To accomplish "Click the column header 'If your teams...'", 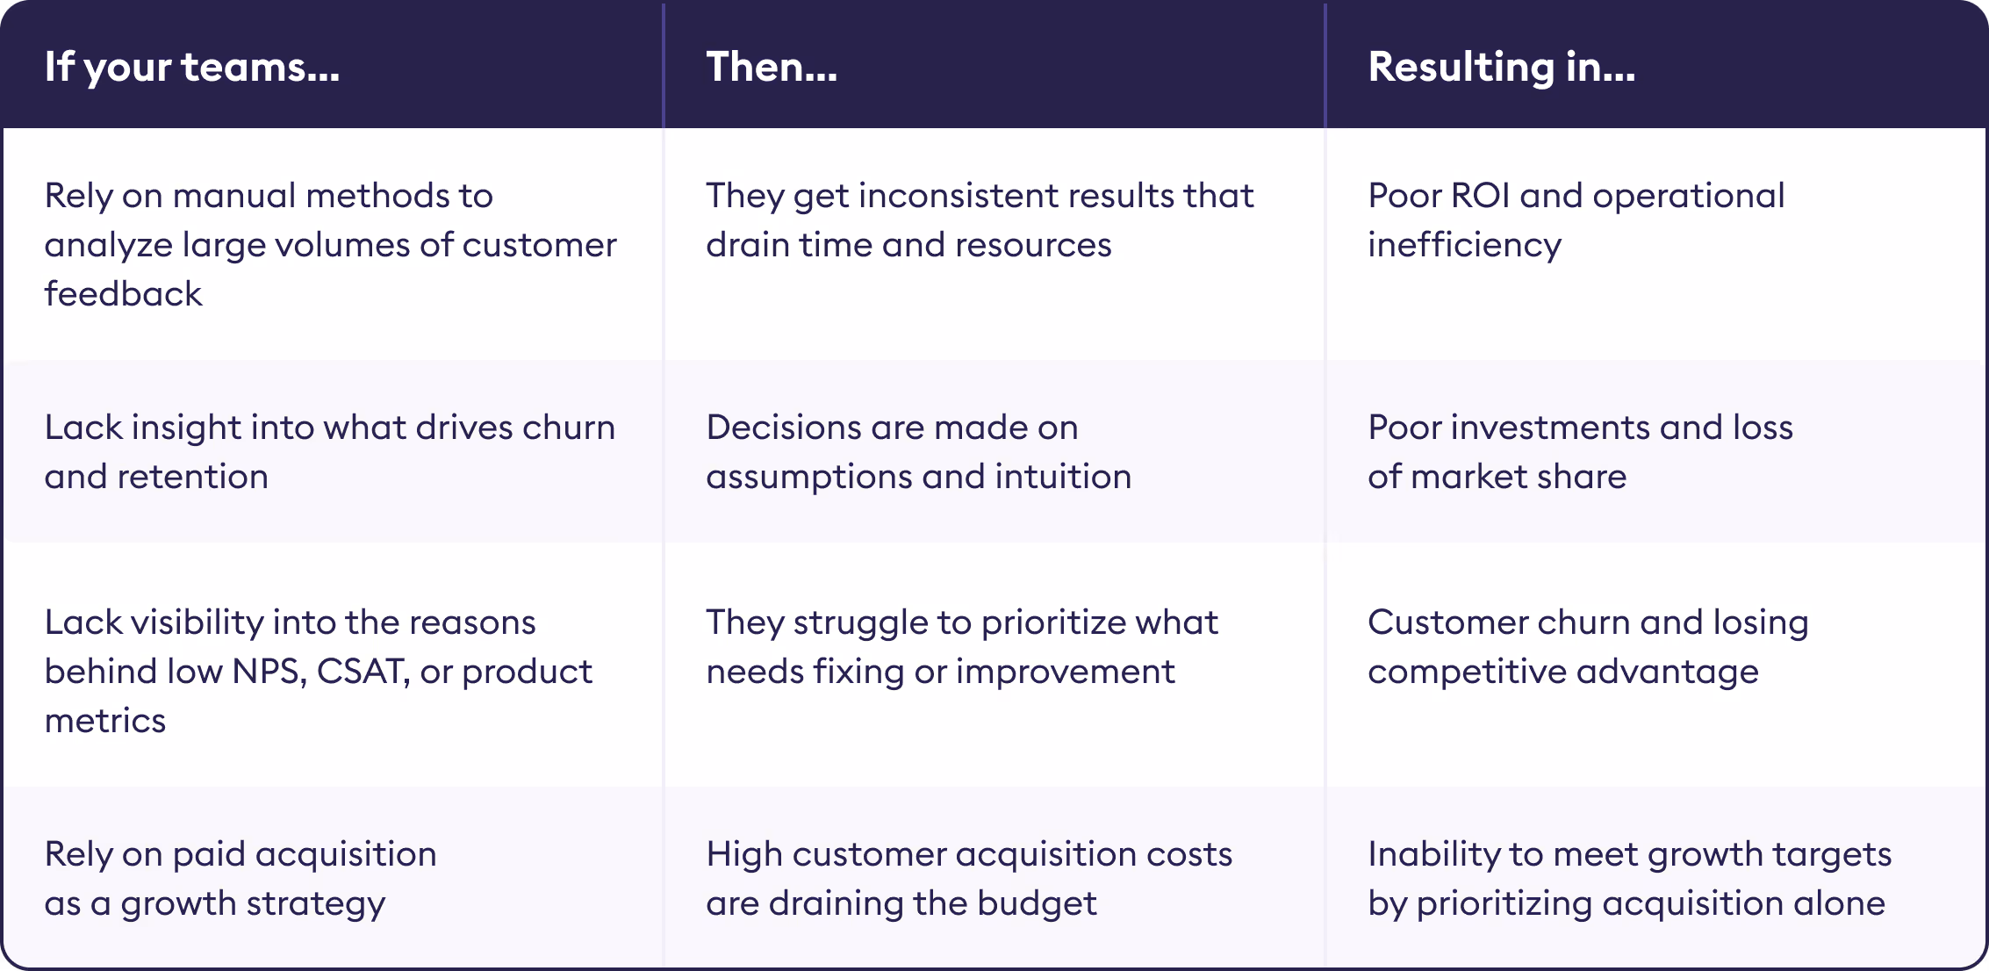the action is (x=192, y=68).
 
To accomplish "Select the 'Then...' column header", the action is (x=772, y=67).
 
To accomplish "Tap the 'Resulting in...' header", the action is (x=1502, y=68).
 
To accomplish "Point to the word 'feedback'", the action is (x=124, y=293).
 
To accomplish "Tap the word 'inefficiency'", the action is (x=1465, y=244).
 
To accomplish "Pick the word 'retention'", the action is (x=193, y=476).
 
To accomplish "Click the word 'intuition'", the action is (x=1063, y=476).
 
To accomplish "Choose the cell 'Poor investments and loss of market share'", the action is (x=1581, y=451).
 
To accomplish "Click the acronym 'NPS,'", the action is (x=269, y=672).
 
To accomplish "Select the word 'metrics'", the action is (x=105, y=720).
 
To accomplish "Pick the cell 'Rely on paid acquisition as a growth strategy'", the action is (x=241, y=878).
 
